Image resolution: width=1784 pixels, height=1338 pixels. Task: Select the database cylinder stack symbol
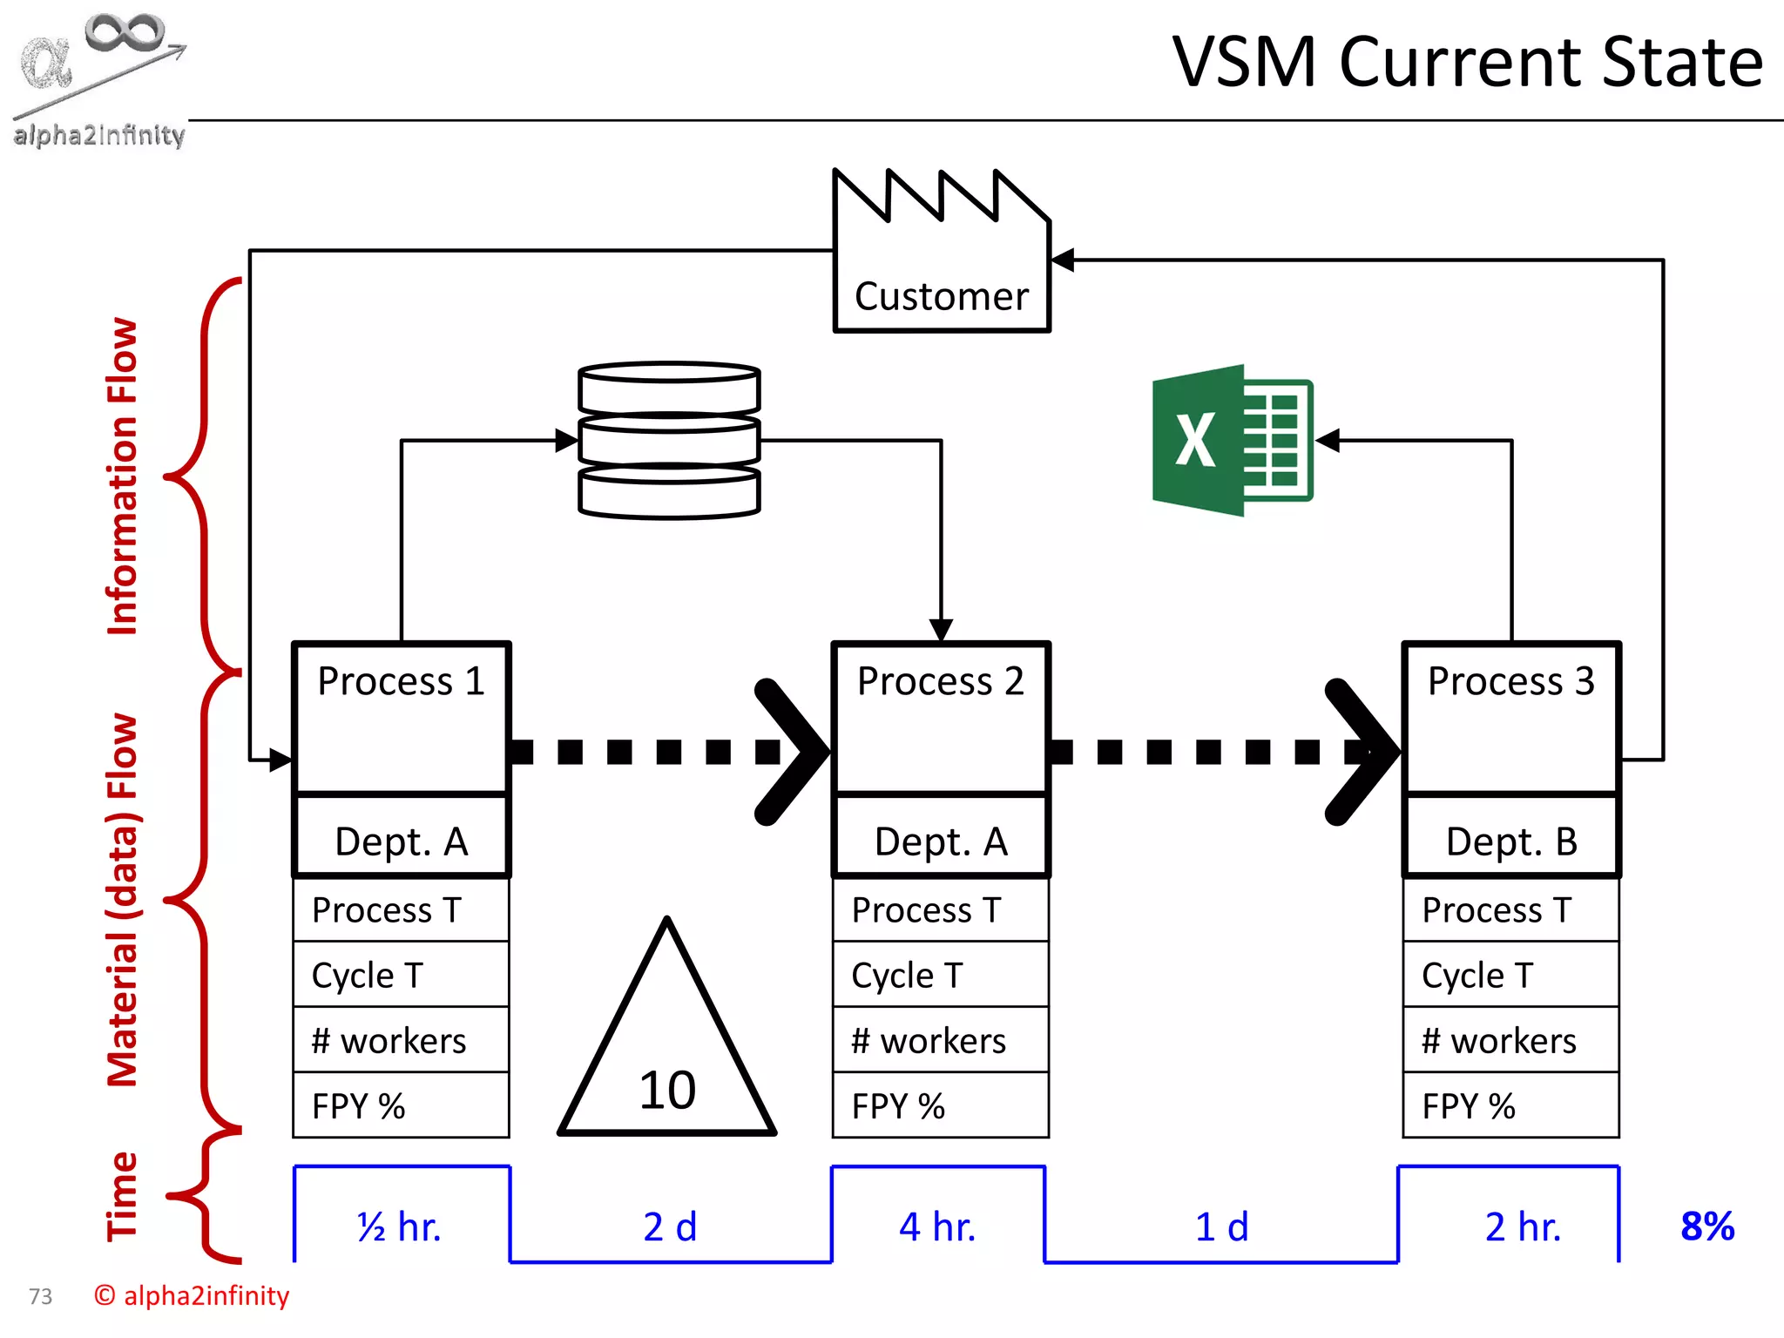coord(669,441)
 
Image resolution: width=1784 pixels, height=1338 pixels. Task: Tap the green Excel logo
coord(1232,441)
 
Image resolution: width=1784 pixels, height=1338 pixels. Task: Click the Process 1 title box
coord(402,717)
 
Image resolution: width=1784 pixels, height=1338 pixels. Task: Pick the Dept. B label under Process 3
coord(1511,841)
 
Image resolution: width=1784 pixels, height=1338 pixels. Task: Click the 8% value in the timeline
coord(1707,1226)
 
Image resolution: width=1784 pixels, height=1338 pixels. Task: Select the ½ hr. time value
coord(400,1226)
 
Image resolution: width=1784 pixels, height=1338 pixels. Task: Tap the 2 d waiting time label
coord(670,1226)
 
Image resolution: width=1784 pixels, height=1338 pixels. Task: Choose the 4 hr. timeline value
coord(937,1226)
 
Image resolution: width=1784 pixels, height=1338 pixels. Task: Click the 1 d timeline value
coord(1221,1226)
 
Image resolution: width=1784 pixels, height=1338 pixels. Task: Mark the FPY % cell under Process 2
coord(940,1105)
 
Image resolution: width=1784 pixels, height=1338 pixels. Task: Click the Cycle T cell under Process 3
coord(1510,975)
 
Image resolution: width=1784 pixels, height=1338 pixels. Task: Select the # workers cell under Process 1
coord(401,1040)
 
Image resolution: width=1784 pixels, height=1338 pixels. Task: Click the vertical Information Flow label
coord(122,476)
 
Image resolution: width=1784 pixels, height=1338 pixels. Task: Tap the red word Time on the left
coord(122,1196)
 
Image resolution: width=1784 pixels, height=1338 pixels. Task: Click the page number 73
coord(40,1297)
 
